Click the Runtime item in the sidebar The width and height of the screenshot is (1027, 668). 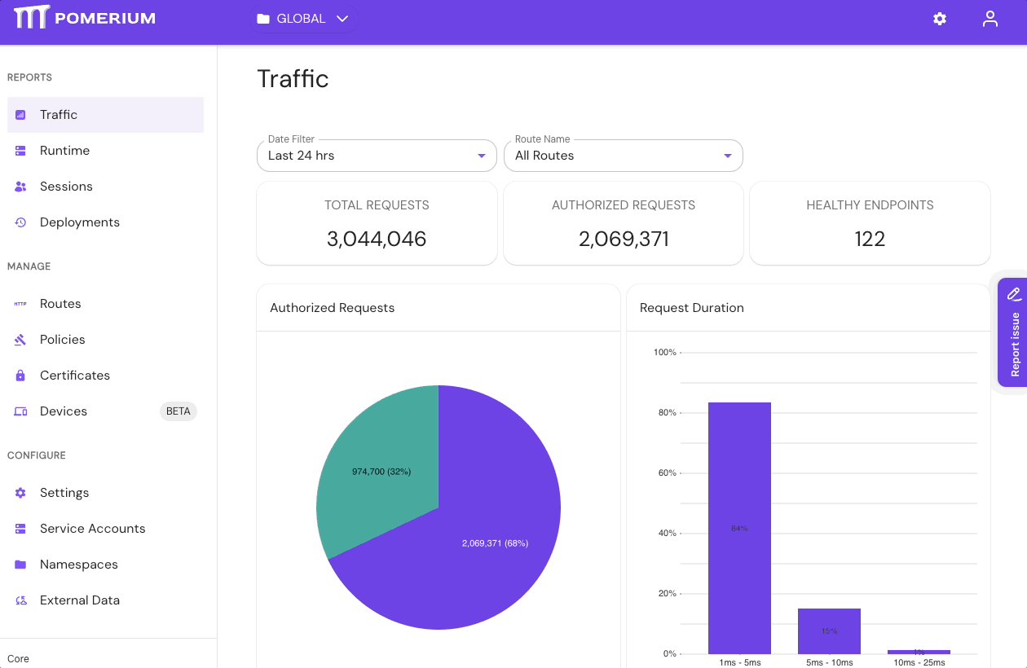(64, 151)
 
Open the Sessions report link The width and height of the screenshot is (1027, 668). (66, 187)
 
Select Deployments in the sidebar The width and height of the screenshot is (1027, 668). (79, 222)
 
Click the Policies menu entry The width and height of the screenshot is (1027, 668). (62, 340)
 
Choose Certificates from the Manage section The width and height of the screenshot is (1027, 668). (74, 376)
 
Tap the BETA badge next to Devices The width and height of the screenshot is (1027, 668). (178, 411)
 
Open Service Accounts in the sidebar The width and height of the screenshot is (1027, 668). (92, 529)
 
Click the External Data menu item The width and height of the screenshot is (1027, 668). (79, 600)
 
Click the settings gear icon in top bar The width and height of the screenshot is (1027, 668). (940, 19)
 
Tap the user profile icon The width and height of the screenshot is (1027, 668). (990, 19)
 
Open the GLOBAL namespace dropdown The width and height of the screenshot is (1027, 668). (302, 19)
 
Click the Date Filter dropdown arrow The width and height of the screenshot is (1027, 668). (482, 156)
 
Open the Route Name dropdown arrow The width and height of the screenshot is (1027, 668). (728, 156)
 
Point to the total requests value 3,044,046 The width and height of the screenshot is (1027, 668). (377, 239)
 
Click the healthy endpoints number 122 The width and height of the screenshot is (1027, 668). (870, 239)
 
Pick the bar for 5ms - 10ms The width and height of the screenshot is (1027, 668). (829, 631)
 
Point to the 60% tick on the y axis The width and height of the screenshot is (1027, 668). (666, 473)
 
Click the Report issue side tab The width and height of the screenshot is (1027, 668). (1013, 334)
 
